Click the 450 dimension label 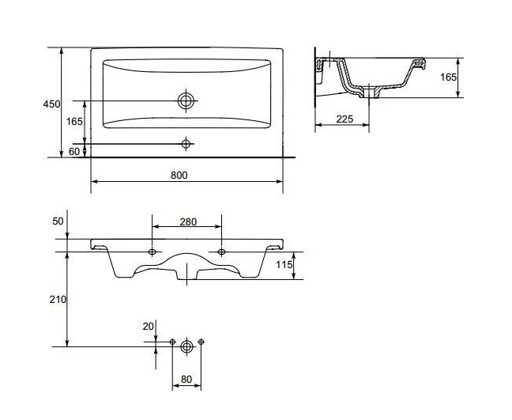[51, 104]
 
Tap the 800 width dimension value [179, 176]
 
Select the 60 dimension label [74, 152]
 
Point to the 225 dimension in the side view [344, 119]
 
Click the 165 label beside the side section [448, 78]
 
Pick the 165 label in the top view [74, 122]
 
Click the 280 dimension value [188, 222]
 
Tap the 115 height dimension [284, 264]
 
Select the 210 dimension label [58, 299]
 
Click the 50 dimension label [58, 221]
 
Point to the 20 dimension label [148, 326]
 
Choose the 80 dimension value [186, 380]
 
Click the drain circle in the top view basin [186, 100]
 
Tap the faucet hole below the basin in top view [186, 143]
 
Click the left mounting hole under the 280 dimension [152, 252]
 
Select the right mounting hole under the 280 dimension [221, 252]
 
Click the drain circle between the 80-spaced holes [186, 346]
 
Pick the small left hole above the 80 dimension [172, 342]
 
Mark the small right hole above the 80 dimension [201, 342]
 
